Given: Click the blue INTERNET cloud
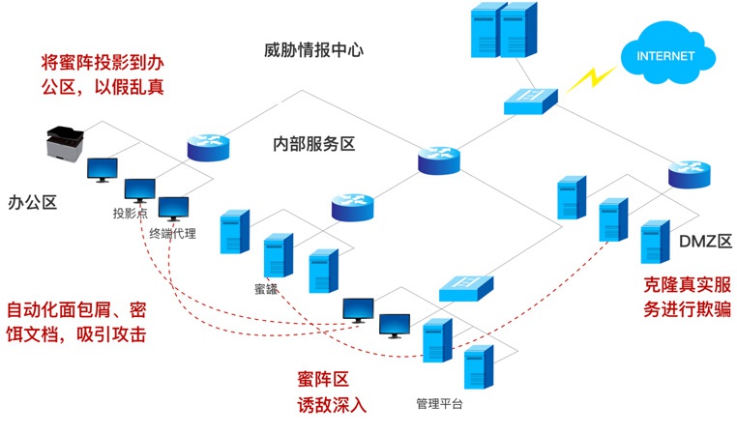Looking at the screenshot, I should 665,55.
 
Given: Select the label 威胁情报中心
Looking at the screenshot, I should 313,50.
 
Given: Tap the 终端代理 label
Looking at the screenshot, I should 172,233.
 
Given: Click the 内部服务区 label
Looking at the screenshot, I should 313,145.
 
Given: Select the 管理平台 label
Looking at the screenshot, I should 439,403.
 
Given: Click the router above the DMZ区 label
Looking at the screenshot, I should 689,175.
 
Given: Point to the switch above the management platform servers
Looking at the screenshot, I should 466,287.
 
